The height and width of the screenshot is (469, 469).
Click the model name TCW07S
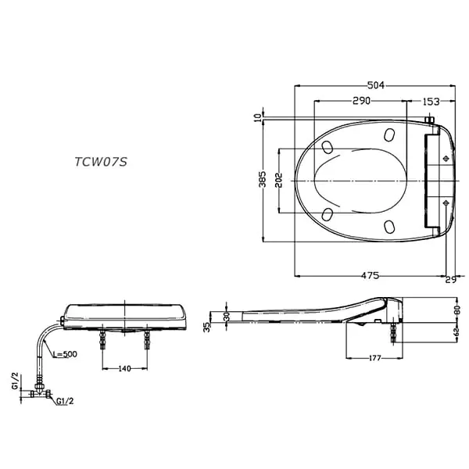100,163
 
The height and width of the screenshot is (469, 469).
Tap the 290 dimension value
360,102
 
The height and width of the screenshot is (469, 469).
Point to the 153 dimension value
431,102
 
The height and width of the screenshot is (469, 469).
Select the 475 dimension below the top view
370,275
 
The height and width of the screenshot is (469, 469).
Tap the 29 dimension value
450,280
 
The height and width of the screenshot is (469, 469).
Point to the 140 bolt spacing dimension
124,367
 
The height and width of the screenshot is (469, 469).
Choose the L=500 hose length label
66,355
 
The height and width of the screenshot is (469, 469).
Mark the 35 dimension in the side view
207,327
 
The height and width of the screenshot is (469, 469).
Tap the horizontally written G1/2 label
65,402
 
